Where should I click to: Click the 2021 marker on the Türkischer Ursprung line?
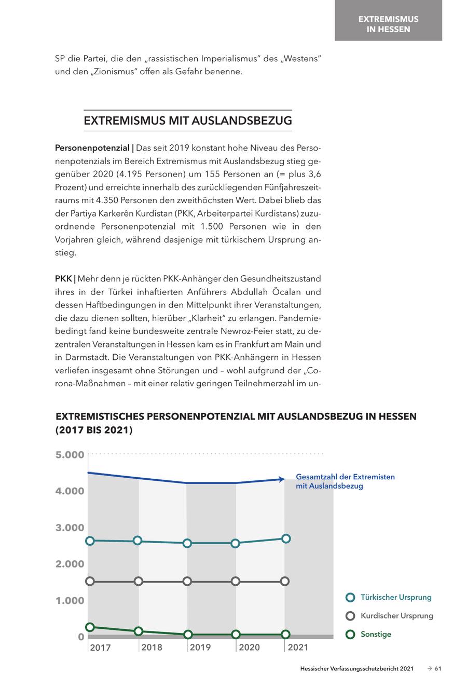click(x=285, y=538)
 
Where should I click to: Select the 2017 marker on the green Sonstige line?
click(x=90, y=627)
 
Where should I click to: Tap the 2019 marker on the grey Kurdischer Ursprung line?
click(x=187, y=581)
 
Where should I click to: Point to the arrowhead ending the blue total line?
click(x=281, y=479)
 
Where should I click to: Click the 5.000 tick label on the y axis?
click(x=70, y=455)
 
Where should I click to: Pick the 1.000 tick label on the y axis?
click(x=70, y=601)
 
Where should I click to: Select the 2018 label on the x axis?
click(x=152, y=647)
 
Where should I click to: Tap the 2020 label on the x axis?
click(x=249, y=647)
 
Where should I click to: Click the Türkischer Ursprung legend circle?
click(x=350, y=597)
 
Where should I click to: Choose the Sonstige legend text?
click(x=376, y=634)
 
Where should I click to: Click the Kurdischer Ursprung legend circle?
click(x=350, y=616)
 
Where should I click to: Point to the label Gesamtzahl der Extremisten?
click(x=345, y=477)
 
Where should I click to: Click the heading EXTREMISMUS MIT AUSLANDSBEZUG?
click(x=188, y=121)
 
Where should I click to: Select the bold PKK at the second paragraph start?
click(x=63, y=278)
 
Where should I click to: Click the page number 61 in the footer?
click(x=437, y=669)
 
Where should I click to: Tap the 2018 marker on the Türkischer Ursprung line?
click(x=138, y=541)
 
